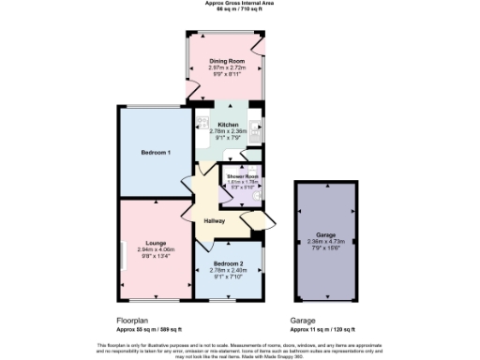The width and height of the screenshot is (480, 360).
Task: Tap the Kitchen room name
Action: pyautogui.click(x=228, y=125)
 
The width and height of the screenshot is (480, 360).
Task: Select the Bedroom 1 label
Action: pyautogui.click(x=156, y=152)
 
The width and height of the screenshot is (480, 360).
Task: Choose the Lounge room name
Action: pyautogui.click(x=156, y=243)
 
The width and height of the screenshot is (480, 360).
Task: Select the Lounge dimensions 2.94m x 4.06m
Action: pyautogui.click(x=156, y=249)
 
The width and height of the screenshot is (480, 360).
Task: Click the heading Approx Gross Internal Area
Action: pyautogui.click(x=240, y=3)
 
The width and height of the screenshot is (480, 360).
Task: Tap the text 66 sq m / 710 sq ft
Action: pyautogui.click(x=240, y=8)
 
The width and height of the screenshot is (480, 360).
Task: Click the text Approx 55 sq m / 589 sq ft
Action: pyautogui.click(x=142, y=329)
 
